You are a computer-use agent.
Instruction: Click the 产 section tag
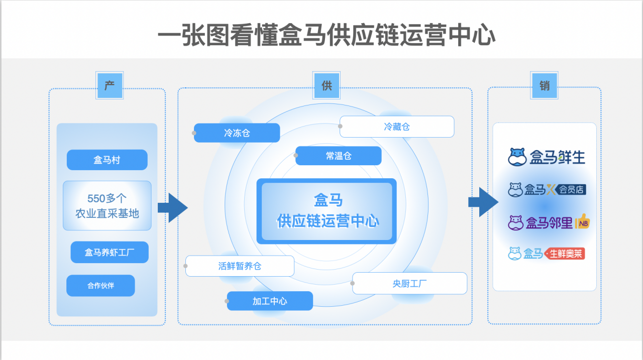tap(110, 85)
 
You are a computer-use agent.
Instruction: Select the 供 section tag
tap(327, 85)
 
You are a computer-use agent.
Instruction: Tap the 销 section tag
tap(544, 85)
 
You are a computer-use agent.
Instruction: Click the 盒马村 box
tap(107, 160)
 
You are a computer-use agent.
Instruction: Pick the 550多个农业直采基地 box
tap(107, 205)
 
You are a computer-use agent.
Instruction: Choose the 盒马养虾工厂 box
tap(110, 252)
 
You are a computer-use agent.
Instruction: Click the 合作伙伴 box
tap(100, 286)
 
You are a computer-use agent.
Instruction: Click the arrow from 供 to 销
tap(483, 202)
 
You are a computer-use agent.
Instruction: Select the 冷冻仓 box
tap(237, 133)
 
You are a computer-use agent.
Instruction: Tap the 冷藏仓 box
tap(397, 127)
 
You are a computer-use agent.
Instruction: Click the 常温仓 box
tap(339, 156)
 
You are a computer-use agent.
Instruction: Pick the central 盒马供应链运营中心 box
tap(327, 211)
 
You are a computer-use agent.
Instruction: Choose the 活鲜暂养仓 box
tap(240, 266)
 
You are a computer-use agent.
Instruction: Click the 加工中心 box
tap(270, 301)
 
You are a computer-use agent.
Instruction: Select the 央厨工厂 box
tap(410, 283)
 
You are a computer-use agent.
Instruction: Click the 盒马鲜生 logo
tap(546, 157)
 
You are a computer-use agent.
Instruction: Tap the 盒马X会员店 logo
tap(547, 190)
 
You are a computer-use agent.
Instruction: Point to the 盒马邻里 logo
tap(548, 222)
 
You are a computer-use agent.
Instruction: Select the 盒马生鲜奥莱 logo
tap(546, 254)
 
